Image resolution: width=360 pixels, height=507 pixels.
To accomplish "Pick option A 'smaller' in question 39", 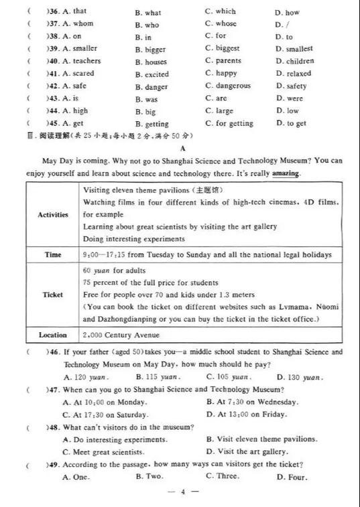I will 79,48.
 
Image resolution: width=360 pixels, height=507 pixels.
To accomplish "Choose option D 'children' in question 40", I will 294,61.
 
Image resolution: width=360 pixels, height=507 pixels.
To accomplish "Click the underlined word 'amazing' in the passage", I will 286,173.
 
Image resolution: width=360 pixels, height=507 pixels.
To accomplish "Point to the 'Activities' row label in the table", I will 53,215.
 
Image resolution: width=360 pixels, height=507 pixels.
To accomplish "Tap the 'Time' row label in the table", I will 53,255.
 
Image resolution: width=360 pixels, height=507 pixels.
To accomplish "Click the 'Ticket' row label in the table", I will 53,295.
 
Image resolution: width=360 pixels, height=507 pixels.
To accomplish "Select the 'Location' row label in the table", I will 53,335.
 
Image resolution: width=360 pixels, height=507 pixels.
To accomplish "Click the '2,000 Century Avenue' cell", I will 121,335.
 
